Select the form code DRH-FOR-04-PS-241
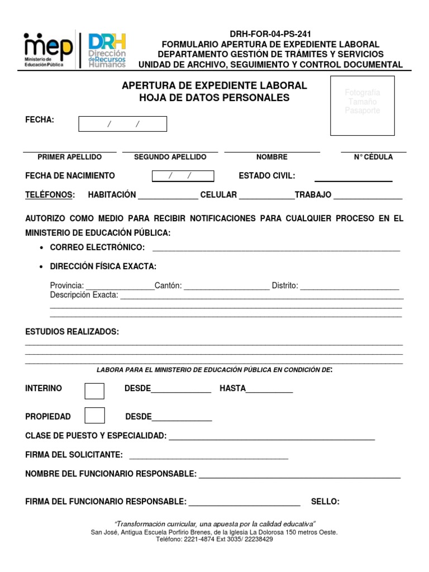click(270, 34)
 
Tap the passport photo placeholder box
click(362, 106)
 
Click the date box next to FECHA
click(122, 124)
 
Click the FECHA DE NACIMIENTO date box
click(183, 176)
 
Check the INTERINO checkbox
click(94, 390)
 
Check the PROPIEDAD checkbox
click(94, 416)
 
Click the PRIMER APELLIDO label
click(69, 157)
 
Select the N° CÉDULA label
click(373, 157)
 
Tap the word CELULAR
click(218, 195)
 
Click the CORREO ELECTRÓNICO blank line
click(276, 250)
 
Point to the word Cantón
click(168, 285)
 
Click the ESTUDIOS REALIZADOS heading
click(72, 332)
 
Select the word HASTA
click(232, 388)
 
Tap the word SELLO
click(325, 502)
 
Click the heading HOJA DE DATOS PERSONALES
click(214, 98)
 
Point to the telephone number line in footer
click(214, 540)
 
